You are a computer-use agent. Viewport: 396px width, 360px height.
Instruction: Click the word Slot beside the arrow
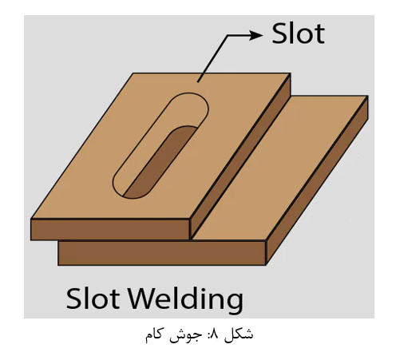point(298,34)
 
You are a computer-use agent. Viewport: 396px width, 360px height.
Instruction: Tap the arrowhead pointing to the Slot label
point(255,35)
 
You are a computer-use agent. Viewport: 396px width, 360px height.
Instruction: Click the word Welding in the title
point(186,299)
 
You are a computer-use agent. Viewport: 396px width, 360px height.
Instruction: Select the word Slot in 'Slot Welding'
point(93,299)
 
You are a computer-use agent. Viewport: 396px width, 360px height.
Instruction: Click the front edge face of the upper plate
point(110,229)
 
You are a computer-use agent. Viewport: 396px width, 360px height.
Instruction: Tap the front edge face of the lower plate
point(162,253)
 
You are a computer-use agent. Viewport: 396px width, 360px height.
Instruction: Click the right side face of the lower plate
point(317,180)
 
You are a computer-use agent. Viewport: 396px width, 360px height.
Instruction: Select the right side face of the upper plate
point(241,156)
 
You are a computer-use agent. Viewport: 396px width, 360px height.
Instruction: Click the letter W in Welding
point(143,299)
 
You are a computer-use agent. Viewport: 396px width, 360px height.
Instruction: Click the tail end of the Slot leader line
point(198,81)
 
